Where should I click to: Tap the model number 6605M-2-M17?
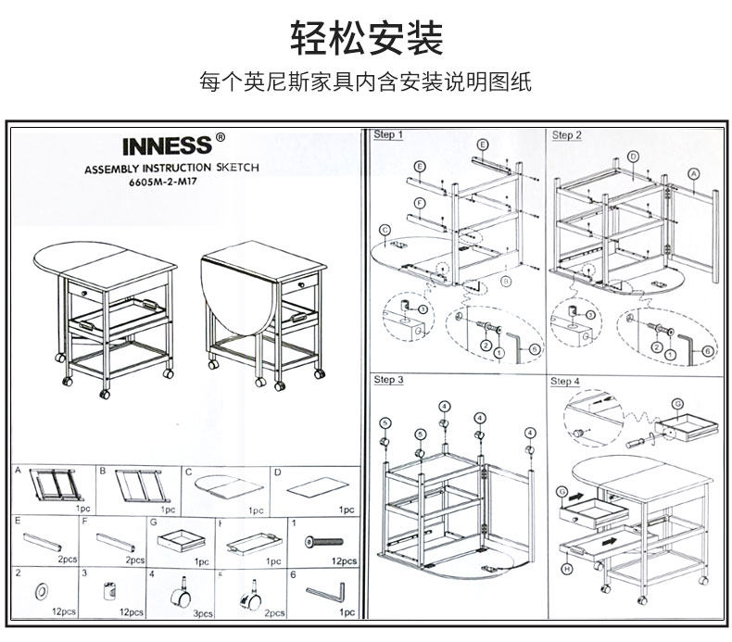(x=165, y=182)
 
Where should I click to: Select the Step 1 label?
(x=388, y=135)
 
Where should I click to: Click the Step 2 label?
(x=567, y=135)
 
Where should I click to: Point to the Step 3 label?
(x=388, y=380)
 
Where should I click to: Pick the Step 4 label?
(x=565, y=381)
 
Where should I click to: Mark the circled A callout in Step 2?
(x=692, y=173)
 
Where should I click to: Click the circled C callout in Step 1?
(x=384, y=229)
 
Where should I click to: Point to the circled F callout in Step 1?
(x=420, y=203)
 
